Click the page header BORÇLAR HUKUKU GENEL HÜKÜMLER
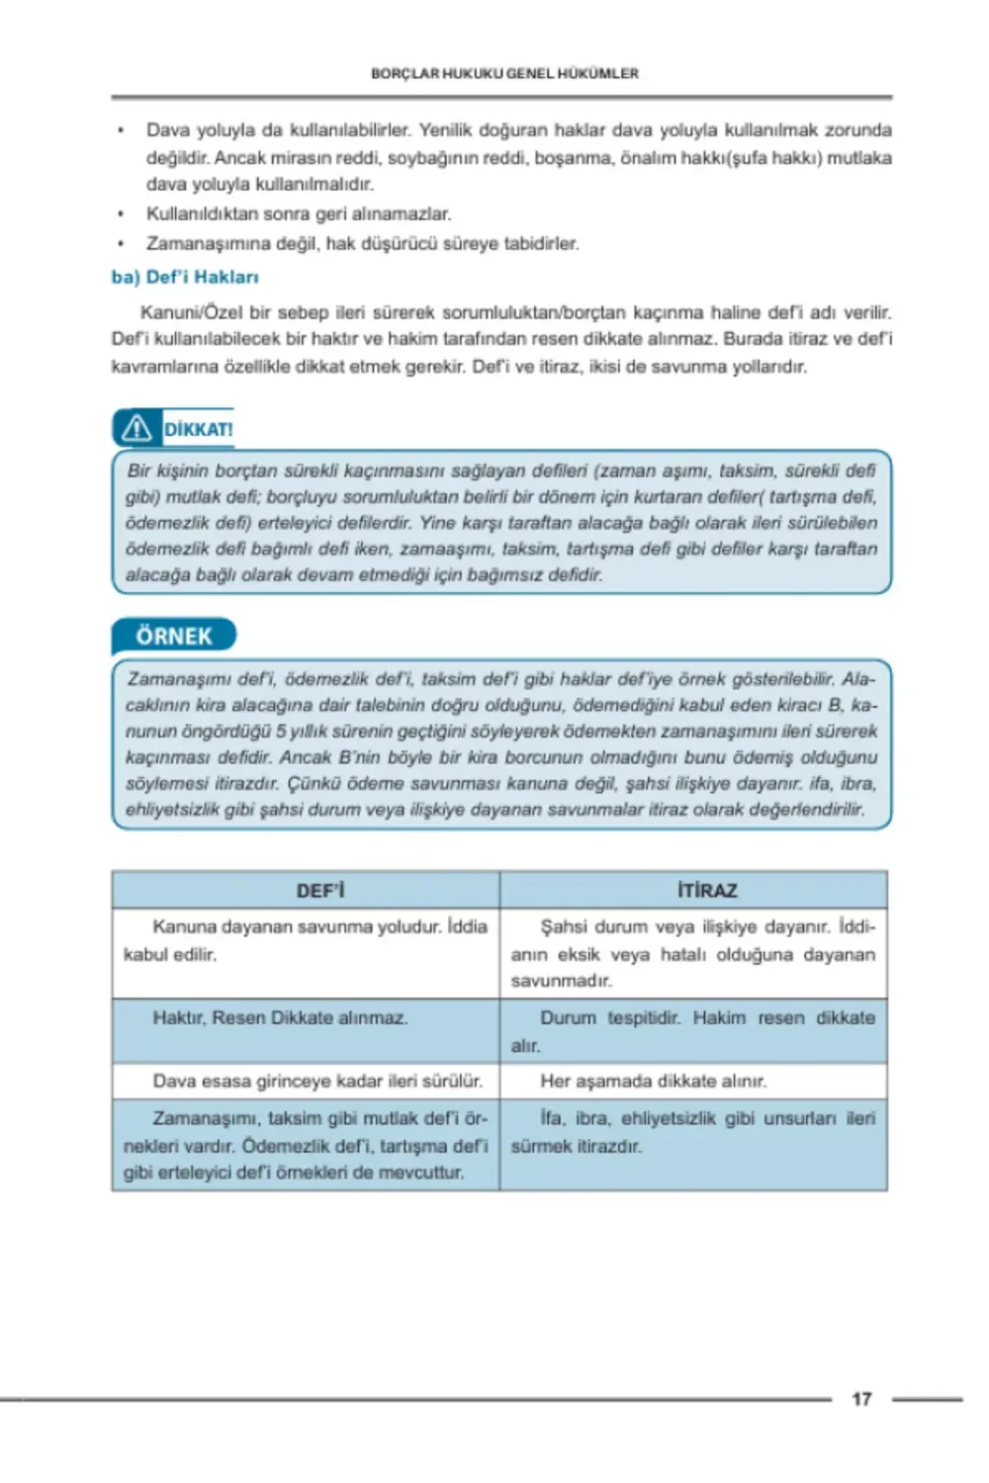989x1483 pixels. tap(504, 73)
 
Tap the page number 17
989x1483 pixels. tap(861, 1399)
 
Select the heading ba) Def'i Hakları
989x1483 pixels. tap(185, 277)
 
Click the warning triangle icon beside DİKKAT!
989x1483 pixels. tap(136, 428)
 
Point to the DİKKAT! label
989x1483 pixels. tap(198, 429)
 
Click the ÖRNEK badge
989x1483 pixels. tap(174, 636)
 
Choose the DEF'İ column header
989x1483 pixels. tap(319, 890)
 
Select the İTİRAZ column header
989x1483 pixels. tap(707, 890)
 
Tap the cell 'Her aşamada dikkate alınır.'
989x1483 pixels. tap(653, 1082)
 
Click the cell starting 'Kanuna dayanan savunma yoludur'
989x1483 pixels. tap(305, 940)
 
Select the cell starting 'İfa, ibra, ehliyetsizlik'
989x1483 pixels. tap(692, 1132)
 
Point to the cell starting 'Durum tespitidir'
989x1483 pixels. tap(692, 1031)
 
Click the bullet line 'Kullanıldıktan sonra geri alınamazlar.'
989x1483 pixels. tap(298, 214)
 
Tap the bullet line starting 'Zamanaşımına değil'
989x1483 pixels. tap(362, 243)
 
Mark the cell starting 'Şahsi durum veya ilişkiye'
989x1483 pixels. tap(692, 953)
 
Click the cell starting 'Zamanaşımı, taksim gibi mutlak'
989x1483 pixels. tap(305, 1145)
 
